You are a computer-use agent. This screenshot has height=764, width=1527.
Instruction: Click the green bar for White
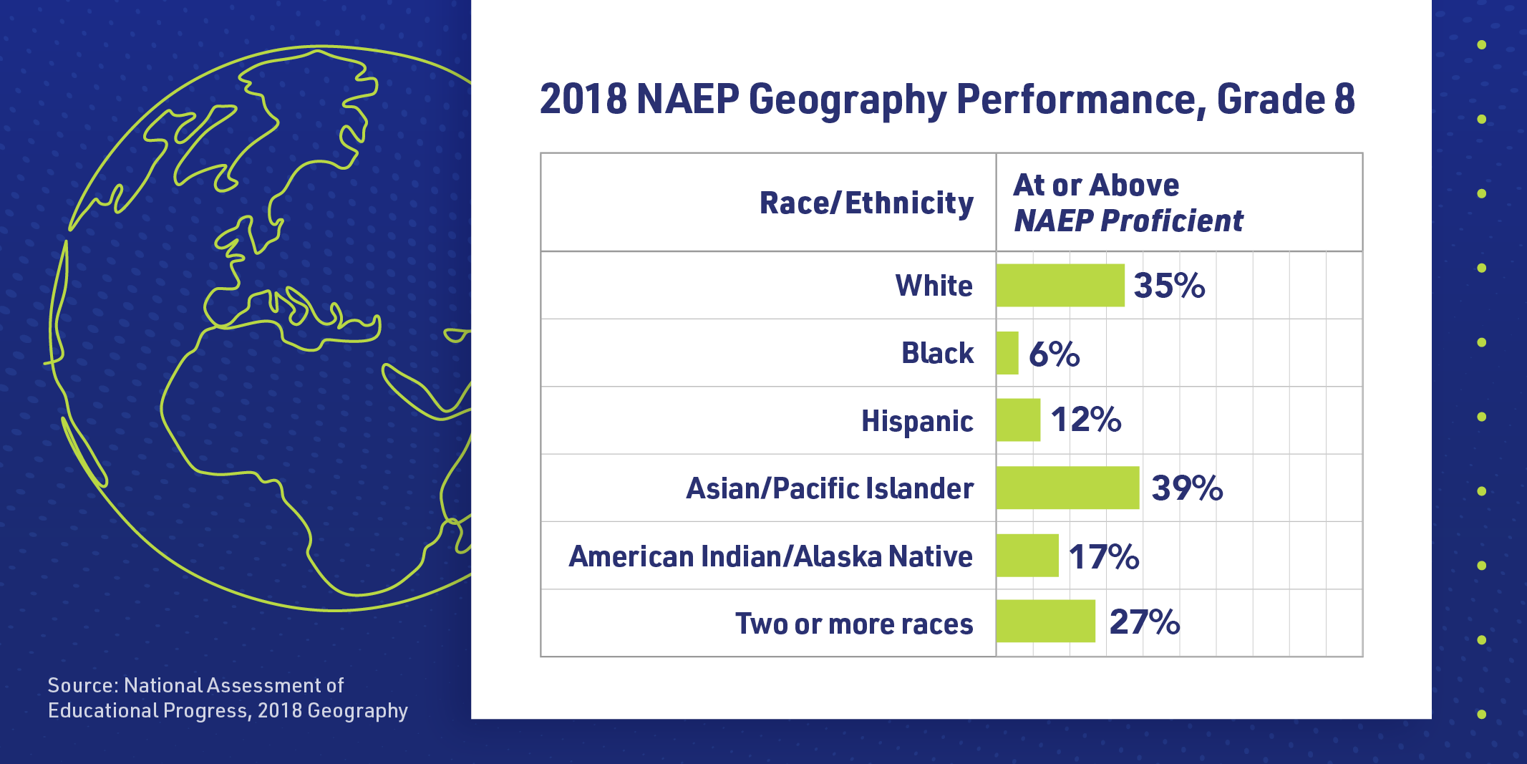pos(1060,285)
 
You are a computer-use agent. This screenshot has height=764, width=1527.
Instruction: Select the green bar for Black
pos(1007,353)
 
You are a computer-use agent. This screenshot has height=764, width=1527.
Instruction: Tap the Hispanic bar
pos(1018,420)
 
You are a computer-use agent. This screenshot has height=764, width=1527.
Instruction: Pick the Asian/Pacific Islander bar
pos(1067,488)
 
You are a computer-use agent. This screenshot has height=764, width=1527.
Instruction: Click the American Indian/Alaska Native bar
pos(1027,556)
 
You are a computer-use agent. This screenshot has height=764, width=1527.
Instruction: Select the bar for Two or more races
pos(1045,622)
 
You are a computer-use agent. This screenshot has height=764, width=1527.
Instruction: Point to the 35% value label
pos(1169,286)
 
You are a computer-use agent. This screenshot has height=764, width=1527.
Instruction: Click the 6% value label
pos(1054,354)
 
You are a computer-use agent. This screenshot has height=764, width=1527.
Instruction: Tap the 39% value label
pos(1187,488)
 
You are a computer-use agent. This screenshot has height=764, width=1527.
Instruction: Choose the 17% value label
pos(1104,556)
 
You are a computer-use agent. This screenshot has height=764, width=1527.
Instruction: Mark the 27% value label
pos(1144,622)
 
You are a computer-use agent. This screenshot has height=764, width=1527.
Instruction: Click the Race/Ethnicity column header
pos(866,203)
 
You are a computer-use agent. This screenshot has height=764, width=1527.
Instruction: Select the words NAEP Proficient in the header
pos(1128,221)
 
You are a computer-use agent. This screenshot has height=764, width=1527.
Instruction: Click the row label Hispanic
pos(917,421)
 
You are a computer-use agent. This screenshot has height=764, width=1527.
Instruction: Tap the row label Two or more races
pos(854,624)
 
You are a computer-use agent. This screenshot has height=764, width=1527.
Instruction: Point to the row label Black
pos(937,353)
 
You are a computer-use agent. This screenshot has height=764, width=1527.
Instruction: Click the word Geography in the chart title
pos(848,100)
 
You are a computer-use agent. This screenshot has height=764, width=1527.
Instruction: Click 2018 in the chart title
pos(583,100)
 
